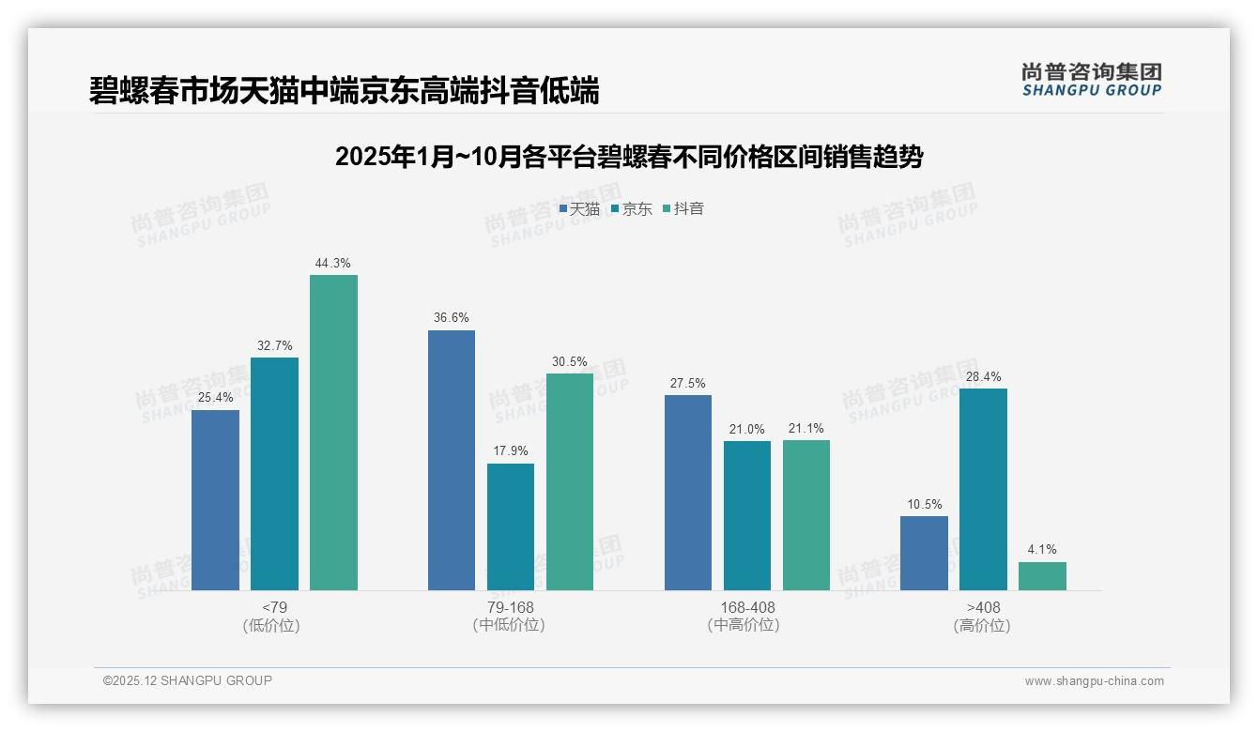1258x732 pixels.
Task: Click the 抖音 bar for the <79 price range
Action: tap(333, 433)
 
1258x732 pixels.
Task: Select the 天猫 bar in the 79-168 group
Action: tap(452, 460)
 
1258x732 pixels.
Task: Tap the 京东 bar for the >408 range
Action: tap(983, 489)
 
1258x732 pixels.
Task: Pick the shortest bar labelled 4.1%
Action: tap(1042, 576)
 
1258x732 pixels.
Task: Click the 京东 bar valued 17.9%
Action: tap(511, 526)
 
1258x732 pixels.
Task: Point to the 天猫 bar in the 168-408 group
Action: tap(688, 493)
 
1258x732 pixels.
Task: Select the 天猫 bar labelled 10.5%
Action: tap(924, 553)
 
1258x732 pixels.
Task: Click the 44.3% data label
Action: tap(333, 264)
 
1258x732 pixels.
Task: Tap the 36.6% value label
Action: tap(452, 318)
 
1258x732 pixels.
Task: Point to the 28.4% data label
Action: tap(983, 377)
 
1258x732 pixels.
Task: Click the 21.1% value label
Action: tap(806, 429)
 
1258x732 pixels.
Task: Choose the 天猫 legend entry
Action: tap(579, 209)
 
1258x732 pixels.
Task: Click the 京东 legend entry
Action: tap(632, 209)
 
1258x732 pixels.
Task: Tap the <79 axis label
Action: tap(274, 608)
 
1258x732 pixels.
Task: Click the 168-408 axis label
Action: tap(747, 608)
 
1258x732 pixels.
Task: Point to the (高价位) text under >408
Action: tap(983, 626)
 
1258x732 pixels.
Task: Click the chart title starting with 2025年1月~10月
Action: tap(628, 157)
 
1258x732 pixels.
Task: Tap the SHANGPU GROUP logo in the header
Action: tap(1091, 80)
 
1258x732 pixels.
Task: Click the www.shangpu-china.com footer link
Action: tap(1094, 681)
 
